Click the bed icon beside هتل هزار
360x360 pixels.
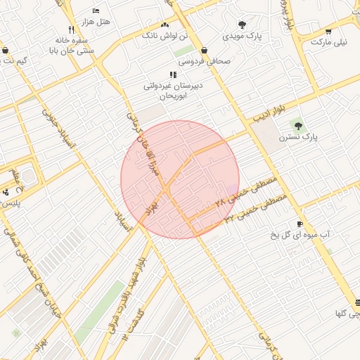(96, 11)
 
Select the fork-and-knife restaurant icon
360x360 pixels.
(70, 30)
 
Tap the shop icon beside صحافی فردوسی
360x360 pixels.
(204, 51)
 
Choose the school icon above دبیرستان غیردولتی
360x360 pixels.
(173, 75)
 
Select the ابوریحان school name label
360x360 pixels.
(174, 96)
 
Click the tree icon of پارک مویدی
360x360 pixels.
(242, 25)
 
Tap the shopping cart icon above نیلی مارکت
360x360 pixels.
(328, 32)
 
